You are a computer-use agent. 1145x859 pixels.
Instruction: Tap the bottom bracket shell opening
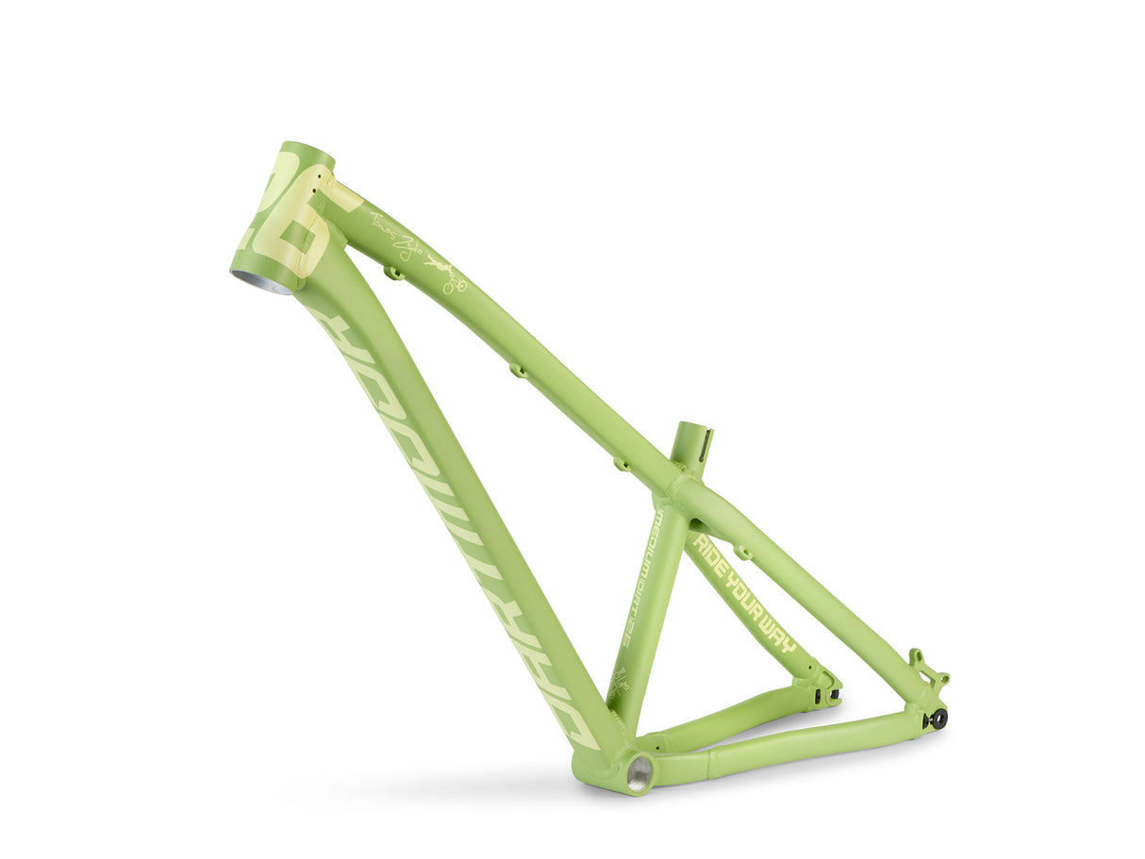(639, 773)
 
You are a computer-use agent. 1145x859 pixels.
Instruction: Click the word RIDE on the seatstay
(711, 556)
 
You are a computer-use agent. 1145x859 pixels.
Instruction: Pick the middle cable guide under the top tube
(518, 370)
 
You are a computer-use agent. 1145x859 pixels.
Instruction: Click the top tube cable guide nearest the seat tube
(621, 463)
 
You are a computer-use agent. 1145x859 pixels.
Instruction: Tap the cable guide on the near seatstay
(742, 552)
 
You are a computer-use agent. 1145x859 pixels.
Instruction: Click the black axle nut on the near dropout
(938, 719)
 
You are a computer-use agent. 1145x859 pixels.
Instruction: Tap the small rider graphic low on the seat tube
(620, 682)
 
